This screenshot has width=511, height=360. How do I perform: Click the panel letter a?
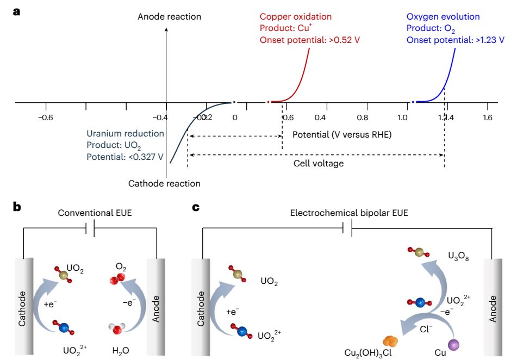tap(17, 11)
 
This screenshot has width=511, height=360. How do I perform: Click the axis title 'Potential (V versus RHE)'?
tap(342, 134)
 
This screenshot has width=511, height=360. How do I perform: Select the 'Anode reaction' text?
tap(169, 17)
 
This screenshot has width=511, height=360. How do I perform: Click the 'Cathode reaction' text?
tap(164, 184)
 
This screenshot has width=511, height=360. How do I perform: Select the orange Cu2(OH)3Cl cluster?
tap(390, 341)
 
